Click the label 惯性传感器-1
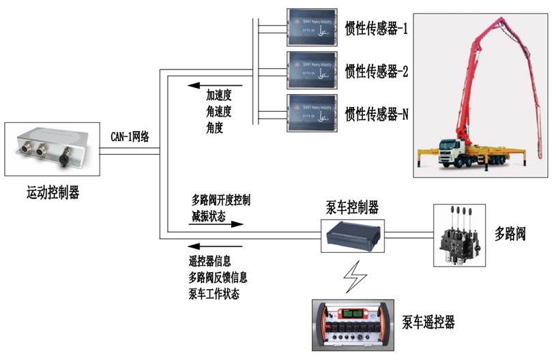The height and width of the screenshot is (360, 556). (x=376, y=30)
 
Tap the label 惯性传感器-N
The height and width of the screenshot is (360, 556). (x=377, y=113)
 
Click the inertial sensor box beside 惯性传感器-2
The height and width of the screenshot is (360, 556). (x=313, y=70)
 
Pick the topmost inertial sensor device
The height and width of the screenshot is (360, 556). (x=313, y=27)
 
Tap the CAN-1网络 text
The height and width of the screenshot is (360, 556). (x=130, y=136)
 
